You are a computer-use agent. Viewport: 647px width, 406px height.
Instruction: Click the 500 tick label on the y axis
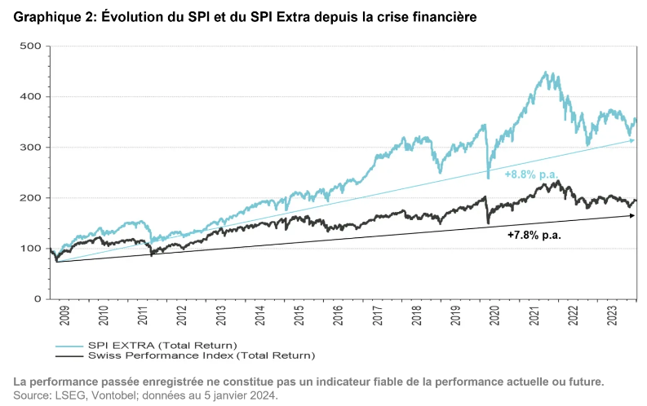(x=31, y=46)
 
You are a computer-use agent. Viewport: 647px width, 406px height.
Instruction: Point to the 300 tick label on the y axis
(x=31, y=148)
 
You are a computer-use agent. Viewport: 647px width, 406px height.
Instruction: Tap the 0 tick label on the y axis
(x=37, y=299)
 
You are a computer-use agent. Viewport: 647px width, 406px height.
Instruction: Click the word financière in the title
(x=444, y=16)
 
